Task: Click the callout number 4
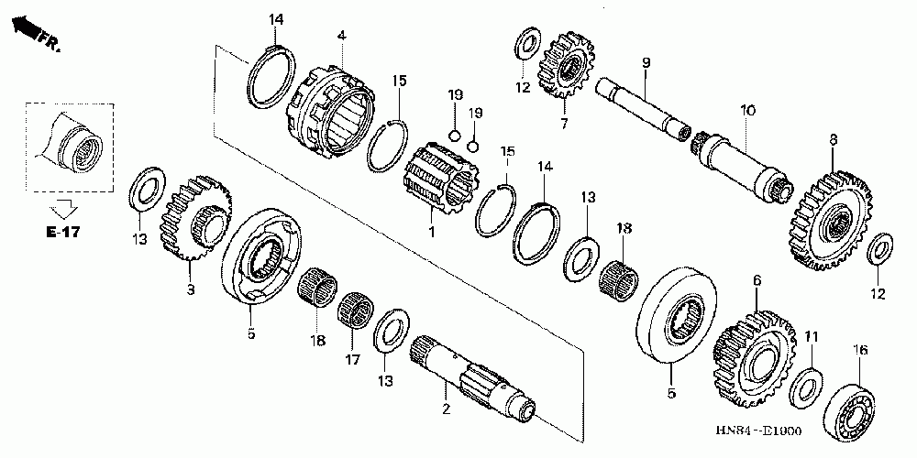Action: coord(340,36)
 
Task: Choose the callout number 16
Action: coord(860,349)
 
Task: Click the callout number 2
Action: coord(446,409)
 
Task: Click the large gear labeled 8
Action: coord(827,215)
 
